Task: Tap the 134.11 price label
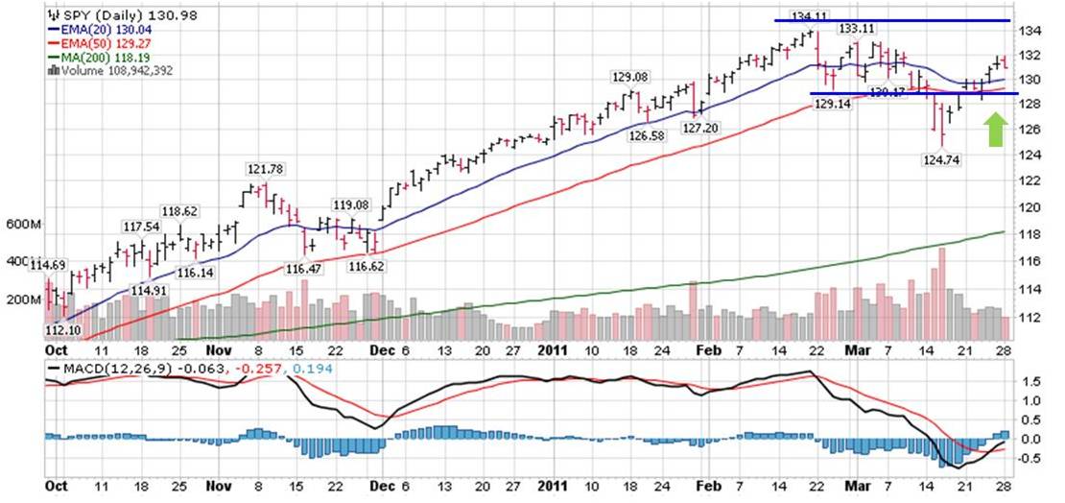pyautogui.click(x=808, y=15)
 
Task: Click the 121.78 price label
pyautogui.click(x=266, y=169)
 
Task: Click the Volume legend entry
pyautogui.click(x=109, y=69)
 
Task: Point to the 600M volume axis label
pyautogui.click(x=21, y=225)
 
